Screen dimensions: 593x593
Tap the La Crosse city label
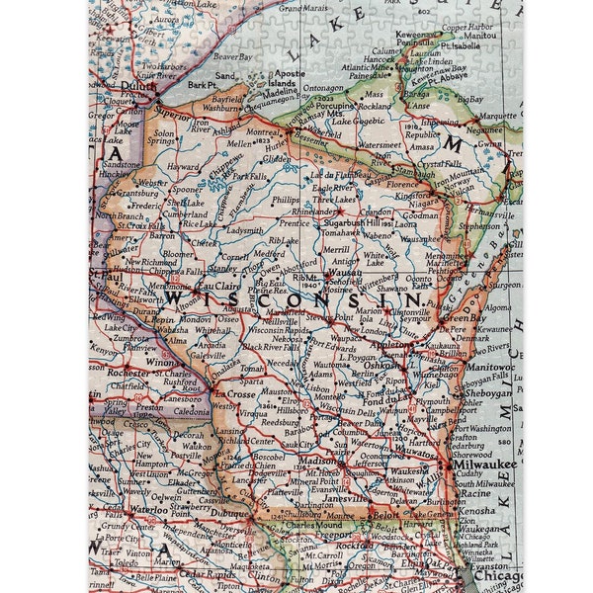coord(234,393)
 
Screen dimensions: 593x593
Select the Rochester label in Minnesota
coord(129,374)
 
